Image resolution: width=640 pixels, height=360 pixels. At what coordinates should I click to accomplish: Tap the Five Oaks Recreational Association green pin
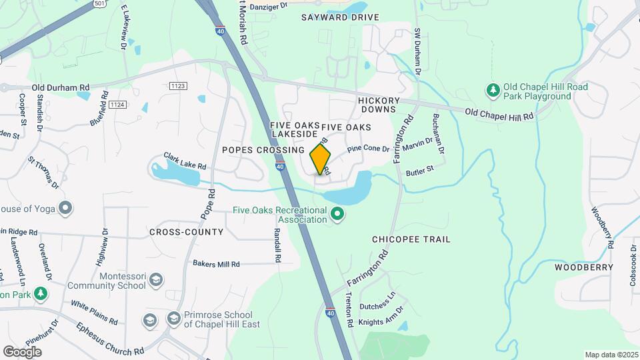point(337,214)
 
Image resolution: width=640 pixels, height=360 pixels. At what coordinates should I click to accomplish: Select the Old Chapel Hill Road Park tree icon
point(493,89)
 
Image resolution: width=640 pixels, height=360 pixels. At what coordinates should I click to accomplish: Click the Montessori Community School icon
point(155,279)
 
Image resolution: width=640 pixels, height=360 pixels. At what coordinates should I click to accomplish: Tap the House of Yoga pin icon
point(65,209)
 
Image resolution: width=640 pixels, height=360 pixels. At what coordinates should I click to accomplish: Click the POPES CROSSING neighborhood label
point(263,150)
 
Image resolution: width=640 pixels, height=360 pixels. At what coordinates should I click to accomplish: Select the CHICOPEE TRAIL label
point(411,239)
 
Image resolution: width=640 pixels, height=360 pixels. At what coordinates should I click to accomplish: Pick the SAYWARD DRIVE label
point(340,17)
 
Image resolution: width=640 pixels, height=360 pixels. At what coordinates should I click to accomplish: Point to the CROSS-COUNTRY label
point(186,232)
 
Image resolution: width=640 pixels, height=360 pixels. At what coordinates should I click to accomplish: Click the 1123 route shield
point(177,86)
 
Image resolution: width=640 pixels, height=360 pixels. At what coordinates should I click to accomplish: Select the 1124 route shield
point(117,105)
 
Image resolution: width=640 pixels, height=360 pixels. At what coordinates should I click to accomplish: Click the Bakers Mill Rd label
point(216,264)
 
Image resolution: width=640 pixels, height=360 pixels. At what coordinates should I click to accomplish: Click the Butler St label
point(420,171)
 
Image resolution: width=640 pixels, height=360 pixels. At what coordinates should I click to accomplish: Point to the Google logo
point(22,351)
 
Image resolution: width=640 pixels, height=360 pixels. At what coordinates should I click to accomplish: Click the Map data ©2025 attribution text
point(611,355)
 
